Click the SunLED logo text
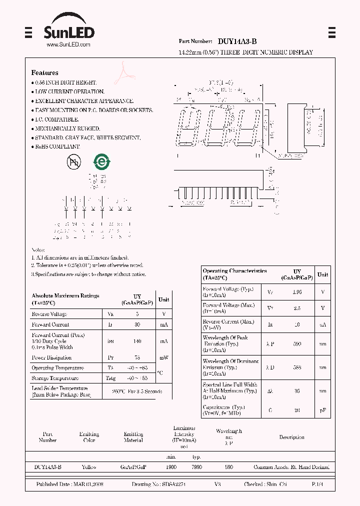coord(68,33)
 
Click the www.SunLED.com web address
coord(68,45)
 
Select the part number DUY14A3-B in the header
coord(238,42)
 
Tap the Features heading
coord(44,73)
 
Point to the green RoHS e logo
coord(102,161)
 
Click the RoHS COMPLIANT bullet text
coord(57,146)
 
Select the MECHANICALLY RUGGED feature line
coord(67,128)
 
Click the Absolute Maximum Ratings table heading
coord(65,296)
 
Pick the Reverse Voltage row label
coord(49,314)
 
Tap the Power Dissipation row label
coord(51,357)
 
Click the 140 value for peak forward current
coord(137,341)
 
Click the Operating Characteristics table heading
coord(234,271)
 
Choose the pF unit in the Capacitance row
coord(323,410)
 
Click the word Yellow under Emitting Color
coord(89,467)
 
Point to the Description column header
coord(291,437)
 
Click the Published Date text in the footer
coord(68,484)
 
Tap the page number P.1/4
coord(317,484)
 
